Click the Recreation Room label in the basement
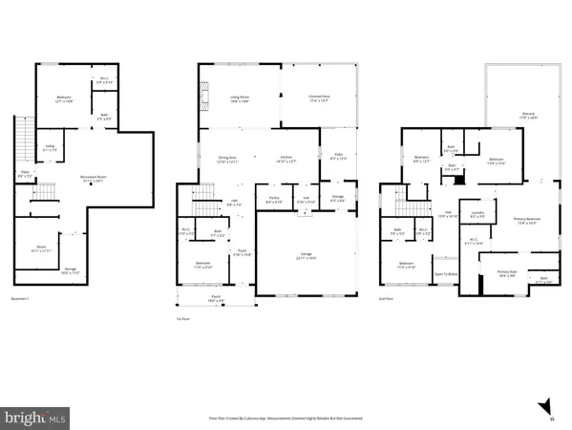click(x=91, y=179)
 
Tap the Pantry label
click(x=274, y=200)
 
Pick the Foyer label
click(x=242, y=253)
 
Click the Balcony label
click(x=515, y=116)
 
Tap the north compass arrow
click(x=544, y=407)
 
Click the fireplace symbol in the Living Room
click(x=203, y=93)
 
